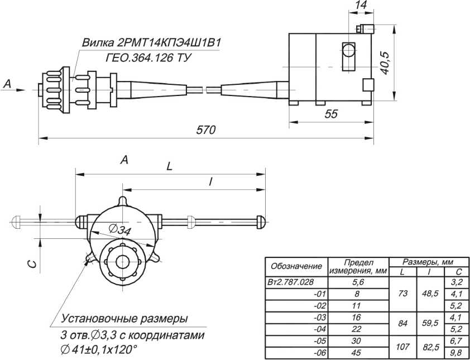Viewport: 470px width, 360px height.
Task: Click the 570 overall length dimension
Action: [x=206, y=130]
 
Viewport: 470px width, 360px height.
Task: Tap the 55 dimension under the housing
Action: [x=331, y=114]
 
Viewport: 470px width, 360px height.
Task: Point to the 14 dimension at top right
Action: [x=361, y=5]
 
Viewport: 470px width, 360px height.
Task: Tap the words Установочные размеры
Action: [x=124, y=319]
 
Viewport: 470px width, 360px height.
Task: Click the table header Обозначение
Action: [x=296, y=266]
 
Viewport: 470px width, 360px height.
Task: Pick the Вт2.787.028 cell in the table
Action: [x=295, y=282]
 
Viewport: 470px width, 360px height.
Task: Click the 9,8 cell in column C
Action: [x=456, y=352]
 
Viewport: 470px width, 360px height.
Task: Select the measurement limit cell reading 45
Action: [x=358, y=352]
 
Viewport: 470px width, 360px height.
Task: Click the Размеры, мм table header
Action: [x=429, y=261]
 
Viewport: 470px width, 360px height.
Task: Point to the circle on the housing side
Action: [x=349, y=51]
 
